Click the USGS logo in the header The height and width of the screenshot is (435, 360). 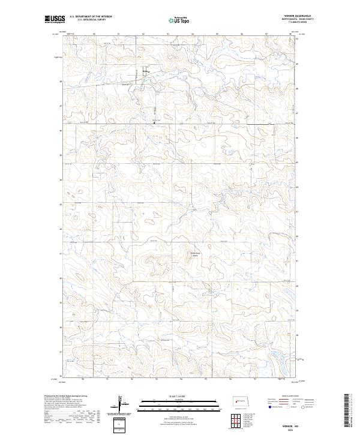(x=55, y=19)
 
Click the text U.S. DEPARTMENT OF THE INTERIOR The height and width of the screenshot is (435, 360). (x=91, y=17)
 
